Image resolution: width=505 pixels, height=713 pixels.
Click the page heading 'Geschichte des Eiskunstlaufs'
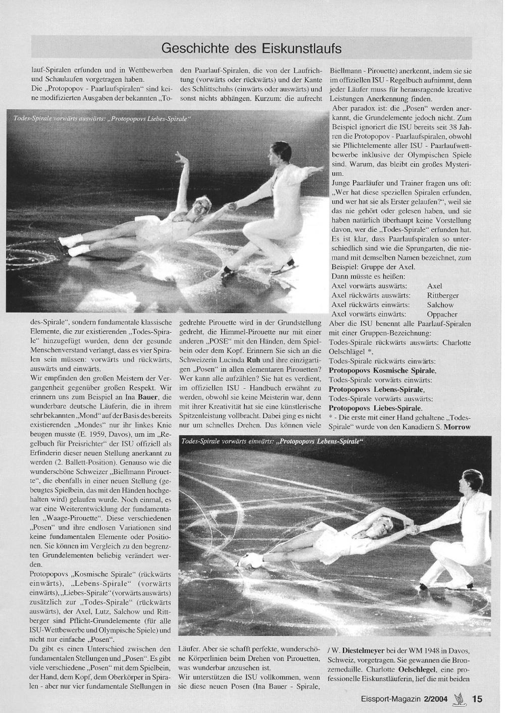[x=251, y=48]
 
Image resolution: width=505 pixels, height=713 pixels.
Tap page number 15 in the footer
[x=477, y=699]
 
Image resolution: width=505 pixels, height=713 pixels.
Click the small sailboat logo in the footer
[x=459, y=698]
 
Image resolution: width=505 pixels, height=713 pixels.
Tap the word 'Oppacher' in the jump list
[x=442, y=314]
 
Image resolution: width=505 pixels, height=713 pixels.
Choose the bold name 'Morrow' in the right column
[x=458, y=427]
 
